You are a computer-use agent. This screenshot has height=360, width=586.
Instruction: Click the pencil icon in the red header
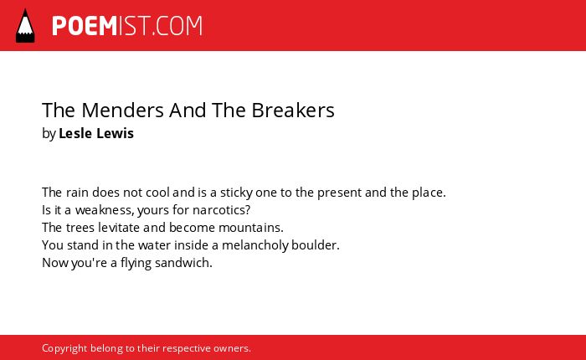click(x=25, y=26)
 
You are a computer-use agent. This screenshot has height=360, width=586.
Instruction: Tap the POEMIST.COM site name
click(x=127, y=26)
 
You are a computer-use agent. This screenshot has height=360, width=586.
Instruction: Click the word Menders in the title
click(x=122, y=111)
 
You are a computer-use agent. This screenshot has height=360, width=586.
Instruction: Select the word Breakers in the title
click(x=293, y=111)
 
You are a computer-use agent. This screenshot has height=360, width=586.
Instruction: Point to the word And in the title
click(x=188, y=111)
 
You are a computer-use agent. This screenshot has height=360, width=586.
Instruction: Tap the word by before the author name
click(x=49, y=134)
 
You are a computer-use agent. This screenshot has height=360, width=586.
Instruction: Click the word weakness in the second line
click(x=105, y=210)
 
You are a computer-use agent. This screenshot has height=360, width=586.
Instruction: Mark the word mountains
click(x=251, y=228)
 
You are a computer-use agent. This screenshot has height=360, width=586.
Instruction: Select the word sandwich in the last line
click(x=183, y=263)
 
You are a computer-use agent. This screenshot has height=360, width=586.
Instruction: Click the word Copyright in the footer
click(x=64, y=348)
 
